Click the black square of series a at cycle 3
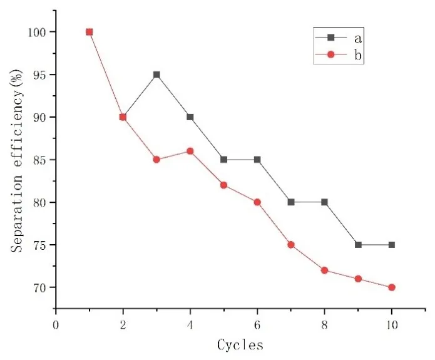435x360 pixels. click(x=156, y=75)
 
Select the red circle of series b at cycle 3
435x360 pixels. click(x=156, y=160)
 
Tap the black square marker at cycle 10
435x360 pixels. click(x=392, y=245)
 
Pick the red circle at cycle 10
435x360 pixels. click(x=392, y=287)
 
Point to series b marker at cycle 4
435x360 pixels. click(x=190, y=151)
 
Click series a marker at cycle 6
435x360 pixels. click(x=257, y=160)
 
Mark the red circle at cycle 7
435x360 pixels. click(x=291, y=245)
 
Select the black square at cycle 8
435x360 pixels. click(x=324, y=202)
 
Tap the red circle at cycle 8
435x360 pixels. click(x=324, y=270)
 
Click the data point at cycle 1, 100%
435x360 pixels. click(x=89, y=32)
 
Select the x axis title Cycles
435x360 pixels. click(x=240, y=344)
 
